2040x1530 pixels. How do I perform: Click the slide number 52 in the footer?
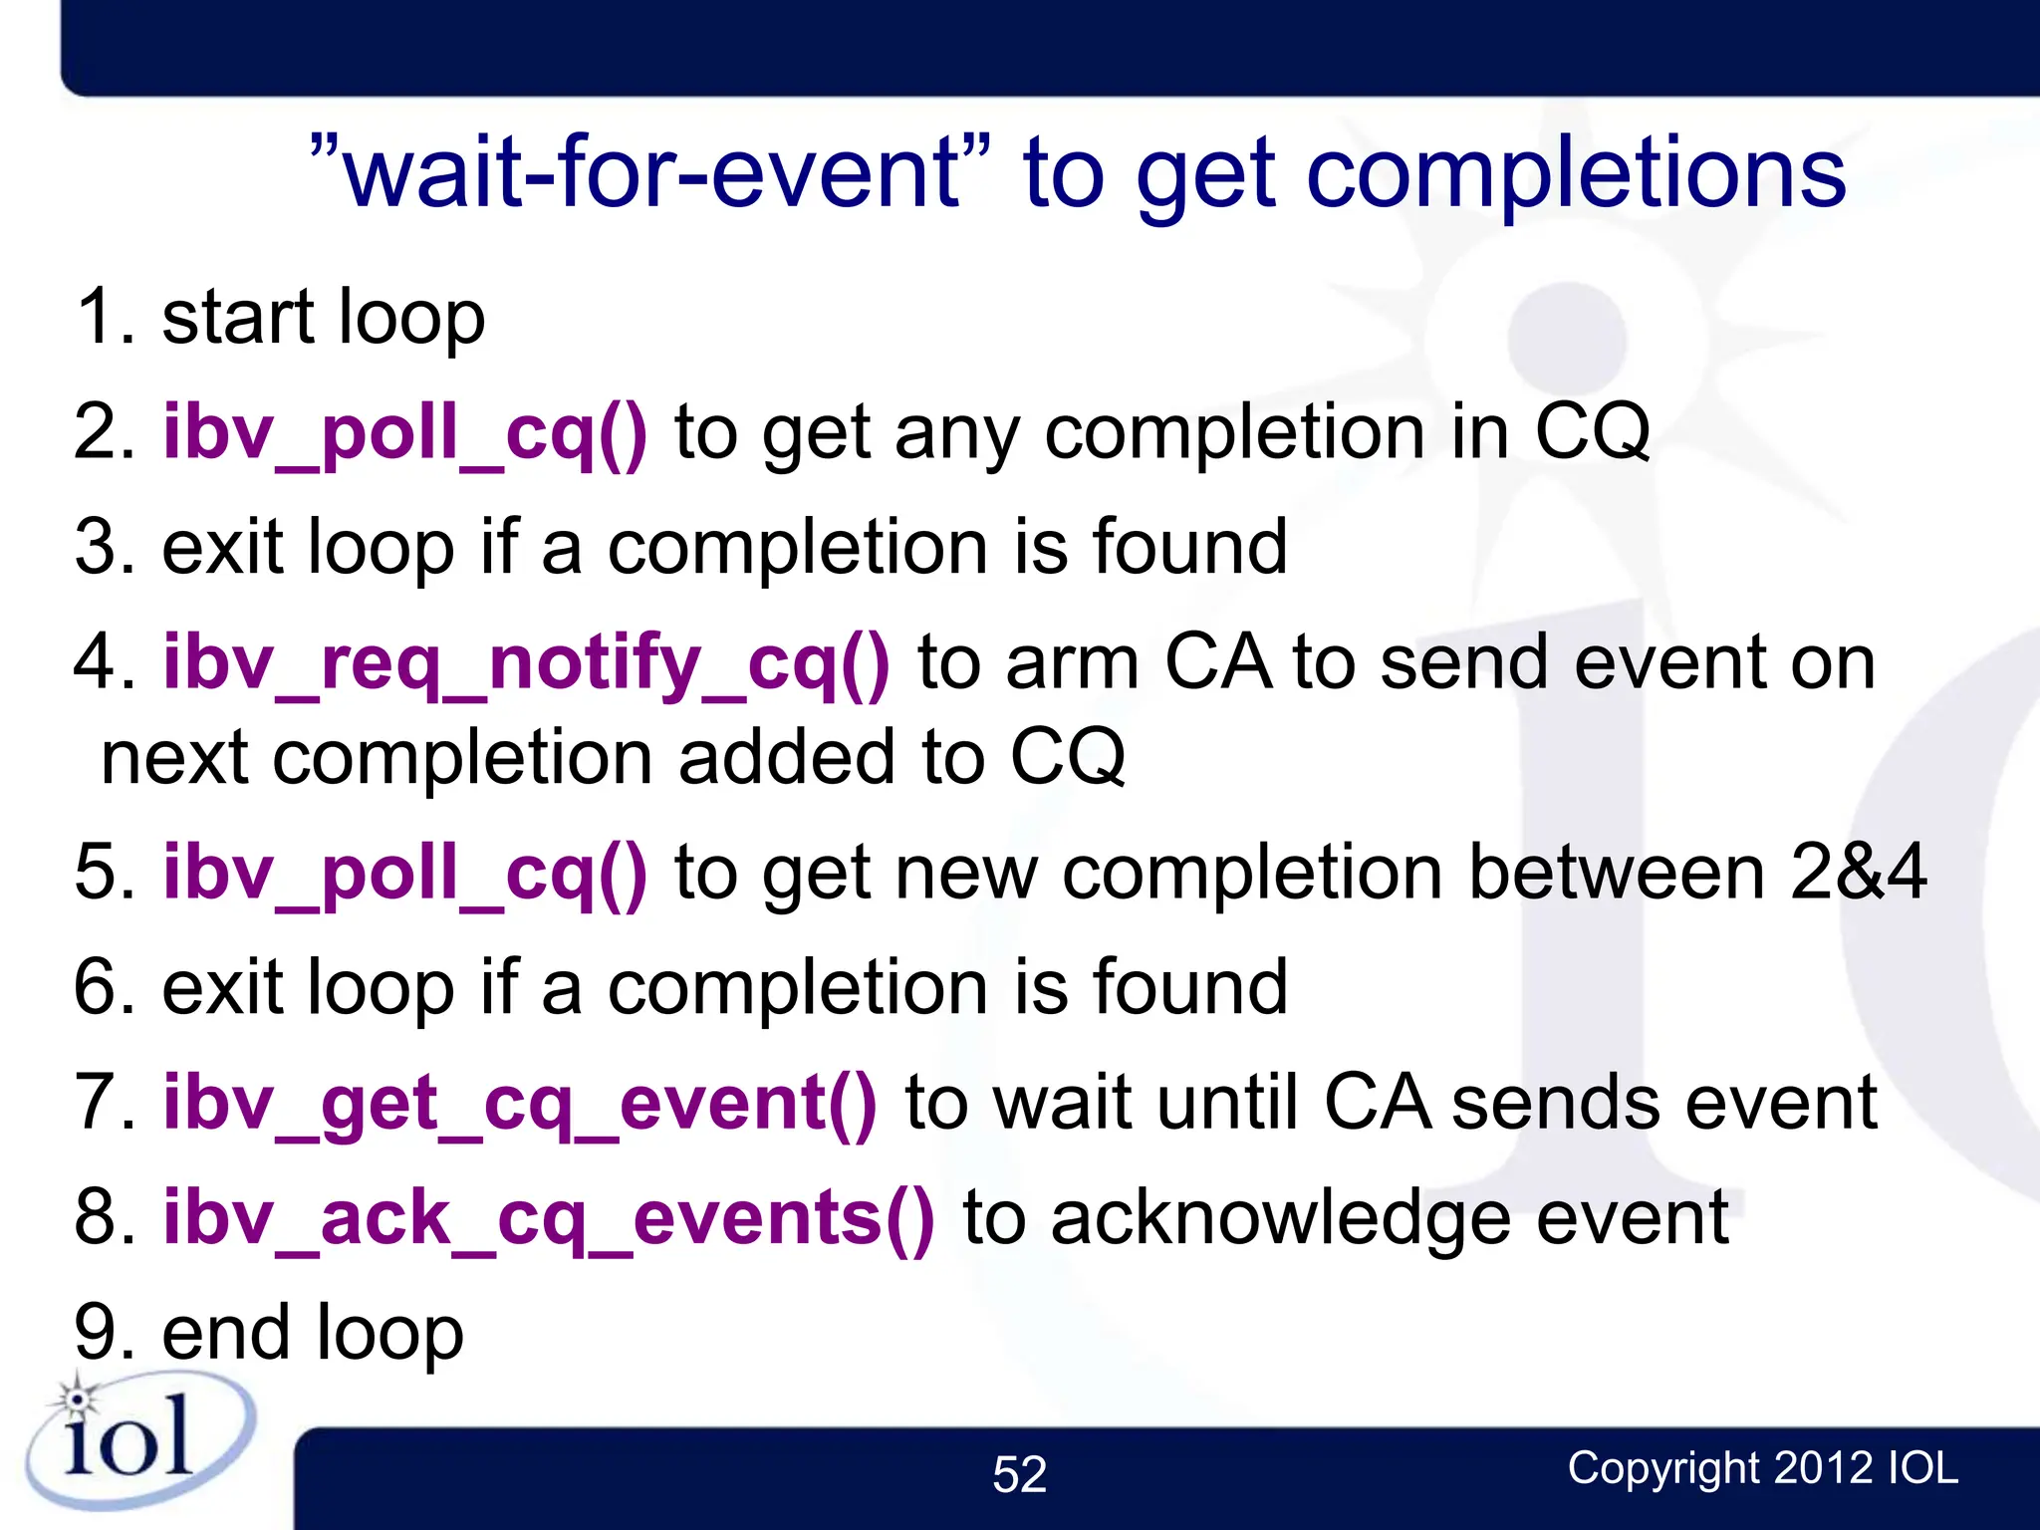(1019, 1474)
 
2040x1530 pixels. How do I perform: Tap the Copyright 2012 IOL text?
(1762, 1467)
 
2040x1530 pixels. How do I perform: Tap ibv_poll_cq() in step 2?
(405, 432)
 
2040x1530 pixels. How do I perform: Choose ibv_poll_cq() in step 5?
(405, 873)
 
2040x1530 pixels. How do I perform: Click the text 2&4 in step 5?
(1857, 873)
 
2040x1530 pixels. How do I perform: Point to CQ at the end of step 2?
(1592, 432)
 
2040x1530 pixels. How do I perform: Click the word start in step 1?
(239, 317)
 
